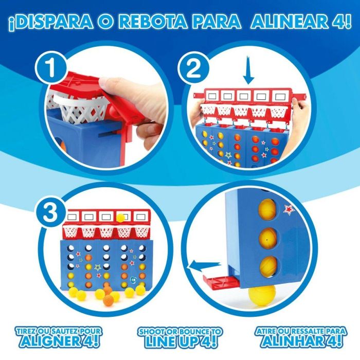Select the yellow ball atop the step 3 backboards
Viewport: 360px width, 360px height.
click(x=121, y=217)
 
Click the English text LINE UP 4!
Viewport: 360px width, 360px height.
click(x=180, y=341)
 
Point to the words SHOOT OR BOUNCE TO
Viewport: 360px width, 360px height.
click(x=180, y=331)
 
